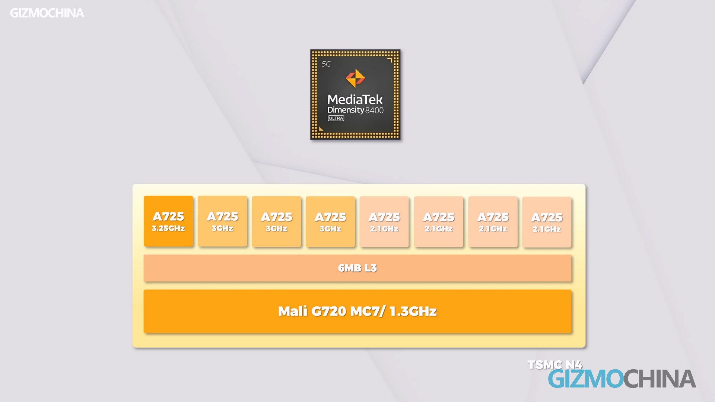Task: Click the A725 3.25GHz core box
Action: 168,221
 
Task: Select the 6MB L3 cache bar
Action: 357,268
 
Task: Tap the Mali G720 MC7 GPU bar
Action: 357,311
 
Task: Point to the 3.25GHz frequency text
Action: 168,228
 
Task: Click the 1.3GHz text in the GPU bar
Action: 413,311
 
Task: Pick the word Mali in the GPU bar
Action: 293,311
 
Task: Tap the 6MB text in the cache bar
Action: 347,268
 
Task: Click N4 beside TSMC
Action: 573,364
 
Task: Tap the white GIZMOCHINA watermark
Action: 47,13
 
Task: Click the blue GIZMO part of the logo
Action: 586,379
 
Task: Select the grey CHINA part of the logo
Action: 660,379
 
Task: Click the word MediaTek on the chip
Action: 355,99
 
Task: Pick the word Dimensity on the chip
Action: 346,110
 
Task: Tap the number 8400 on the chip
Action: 374,110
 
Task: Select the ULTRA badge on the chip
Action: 336,118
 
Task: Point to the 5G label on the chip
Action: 326,64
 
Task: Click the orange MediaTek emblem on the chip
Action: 355,78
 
